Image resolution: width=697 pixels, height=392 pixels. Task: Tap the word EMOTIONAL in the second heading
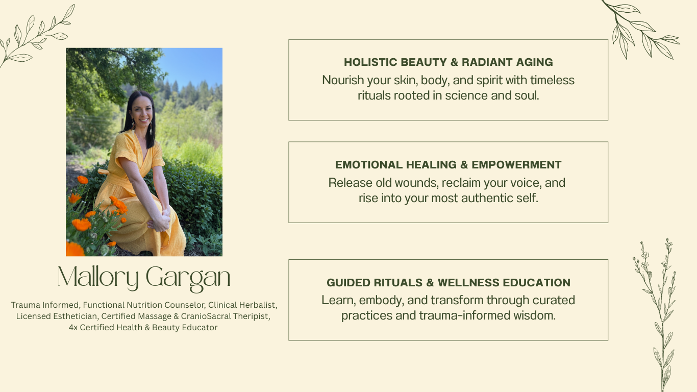coord(369,165)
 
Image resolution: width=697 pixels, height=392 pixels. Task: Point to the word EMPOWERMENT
coord(516,165)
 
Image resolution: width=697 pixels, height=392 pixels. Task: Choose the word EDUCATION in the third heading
coord(536,282)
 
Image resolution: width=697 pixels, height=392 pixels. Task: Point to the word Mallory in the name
coord(98,277)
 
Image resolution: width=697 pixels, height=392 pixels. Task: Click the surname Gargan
coord(188,279)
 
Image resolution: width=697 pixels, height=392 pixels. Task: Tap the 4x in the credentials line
coord(73,328)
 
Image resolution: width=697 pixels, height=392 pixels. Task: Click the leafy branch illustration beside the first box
coord(641,30)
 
